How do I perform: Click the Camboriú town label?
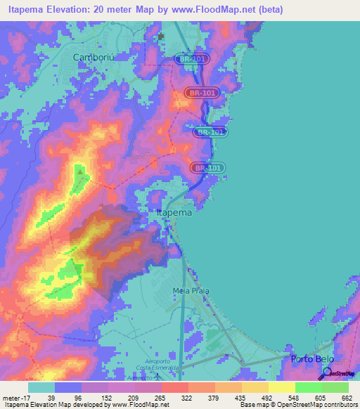pyautogui.click(x=95, y=57)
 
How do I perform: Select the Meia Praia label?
pyautogui.click(x=191, y=290)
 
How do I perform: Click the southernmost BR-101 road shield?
pyautogui.click(x=207, y=167)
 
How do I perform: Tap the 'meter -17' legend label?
pyautogui.click(x=15, y=398)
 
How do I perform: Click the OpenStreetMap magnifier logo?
pyautogui.click(x=325, y=373)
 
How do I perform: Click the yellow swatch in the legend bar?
pyautogui.click(x=281, y=387)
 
